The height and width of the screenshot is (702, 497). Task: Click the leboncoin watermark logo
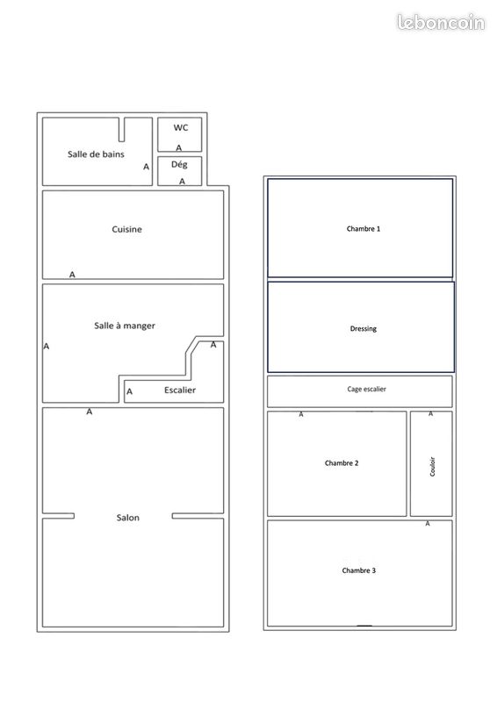coord(441,23)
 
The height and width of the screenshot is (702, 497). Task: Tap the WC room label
coord(181,127)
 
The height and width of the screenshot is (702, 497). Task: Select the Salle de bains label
coord(96,154)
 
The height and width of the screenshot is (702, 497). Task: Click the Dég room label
coord(179,165)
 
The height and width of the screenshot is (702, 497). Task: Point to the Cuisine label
coord(126,229)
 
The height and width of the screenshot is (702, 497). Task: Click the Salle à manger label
coord(125,326)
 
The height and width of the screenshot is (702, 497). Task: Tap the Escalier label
coord(180,390)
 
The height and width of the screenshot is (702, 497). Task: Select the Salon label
coord(127,518)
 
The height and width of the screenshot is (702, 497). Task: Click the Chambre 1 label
coord(363,229)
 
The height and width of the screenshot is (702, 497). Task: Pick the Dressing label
coord(363,328)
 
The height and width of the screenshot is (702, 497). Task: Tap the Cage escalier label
coord(366,389)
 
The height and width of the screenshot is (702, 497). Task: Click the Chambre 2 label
coord(342,463)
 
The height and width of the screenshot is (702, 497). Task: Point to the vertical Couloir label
coord(433,467)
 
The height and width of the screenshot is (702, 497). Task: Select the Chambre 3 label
coord(358,570)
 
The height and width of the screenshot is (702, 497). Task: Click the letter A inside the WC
coord(179,147)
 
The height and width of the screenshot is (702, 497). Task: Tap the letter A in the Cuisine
coord(72,275)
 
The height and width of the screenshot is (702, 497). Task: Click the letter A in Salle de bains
coord(146,167)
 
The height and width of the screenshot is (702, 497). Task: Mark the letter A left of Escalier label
coord(129,391)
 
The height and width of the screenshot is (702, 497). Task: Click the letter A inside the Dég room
coord(182,182)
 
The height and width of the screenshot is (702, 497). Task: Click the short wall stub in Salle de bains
coord(121,129)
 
